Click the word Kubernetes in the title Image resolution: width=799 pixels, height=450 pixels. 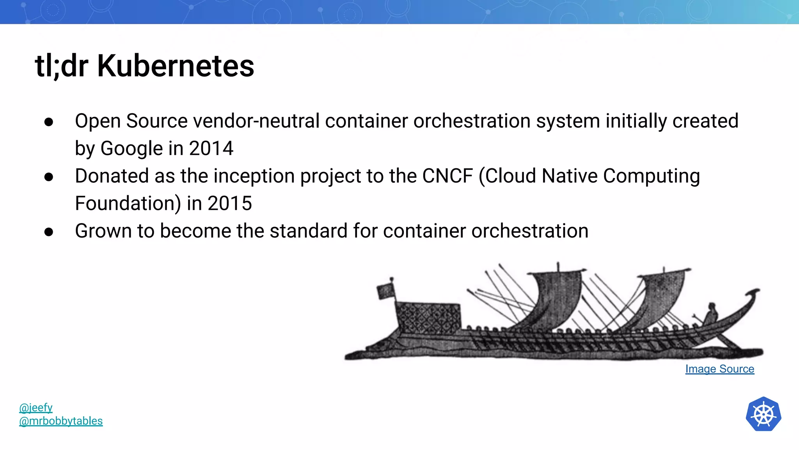tap(176, 66)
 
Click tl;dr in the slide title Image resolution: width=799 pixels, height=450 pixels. tap(62, 66)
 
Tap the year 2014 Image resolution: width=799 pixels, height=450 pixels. tap(211, 148)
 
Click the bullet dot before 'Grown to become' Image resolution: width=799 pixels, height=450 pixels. tap(49, 232)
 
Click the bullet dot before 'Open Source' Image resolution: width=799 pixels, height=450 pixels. tap(49, 122)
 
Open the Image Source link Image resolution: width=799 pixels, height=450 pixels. tap(719, 369)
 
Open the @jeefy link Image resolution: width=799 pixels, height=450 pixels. tap(36, 407)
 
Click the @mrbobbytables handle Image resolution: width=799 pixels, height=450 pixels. tap(61, 421)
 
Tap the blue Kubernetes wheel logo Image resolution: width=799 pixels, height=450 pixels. tap(763, 414)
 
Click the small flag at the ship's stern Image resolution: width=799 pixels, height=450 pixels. tap(385, 291)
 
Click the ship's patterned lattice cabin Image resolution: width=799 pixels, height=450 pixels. tap(428, 317)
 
